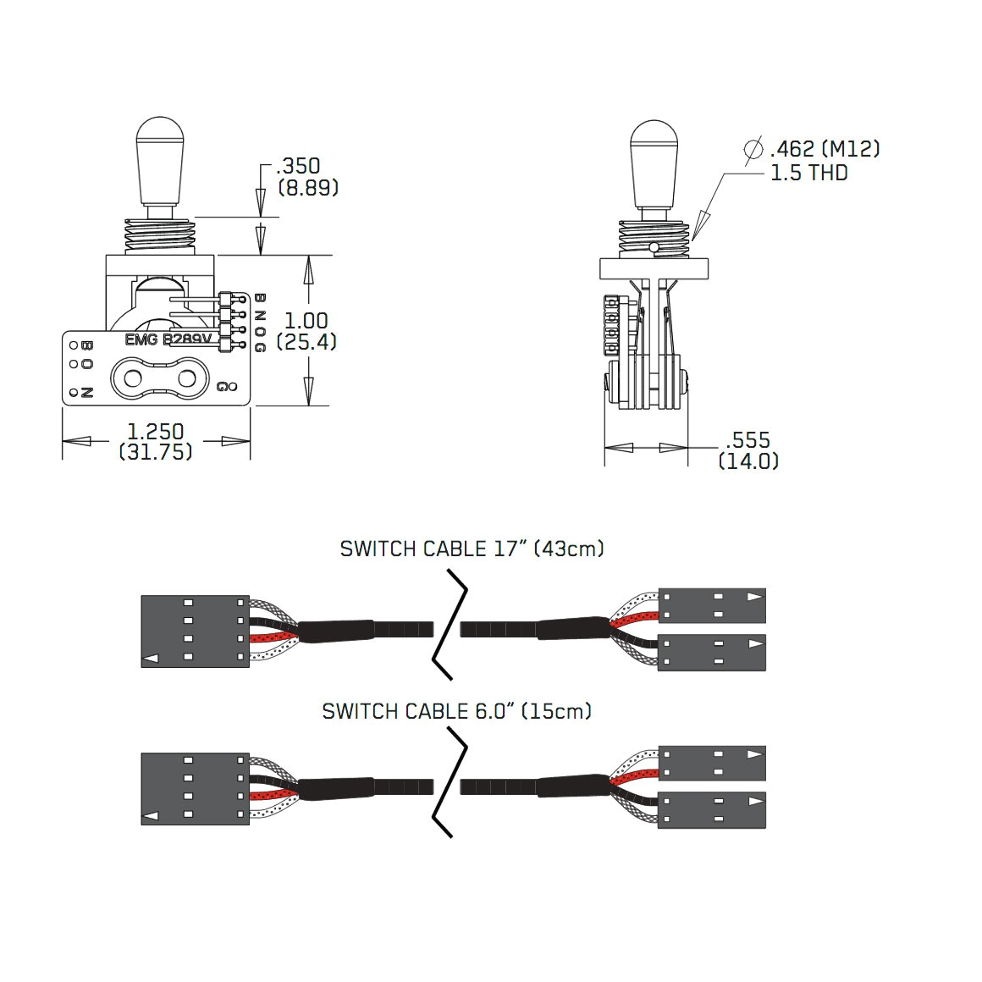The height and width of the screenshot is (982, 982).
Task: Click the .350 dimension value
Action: pyautogui.click(x=302, y=166)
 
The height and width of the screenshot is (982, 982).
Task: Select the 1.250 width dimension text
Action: pyautogui.click(x=156, y=431)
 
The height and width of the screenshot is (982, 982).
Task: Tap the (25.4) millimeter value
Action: pyautogui.click(x=306, y=342)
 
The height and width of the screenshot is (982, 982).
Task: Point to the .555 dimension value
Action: pyautogui.click(x=748, y=440)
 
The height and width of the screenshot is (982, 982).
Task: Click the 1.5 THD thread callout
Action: pyautogui.click(x=808, y=174)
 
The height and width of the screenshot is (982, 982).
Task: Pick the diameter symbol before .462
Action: pyautogui.click(x=753, y=149)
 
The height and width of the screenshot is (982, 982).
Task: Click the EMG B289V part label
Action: pyautogui.click(x=168, y=339)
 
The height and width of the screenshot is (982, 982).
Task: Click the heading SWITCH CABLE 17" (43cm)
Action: pyautogui.click(x=472, y=549)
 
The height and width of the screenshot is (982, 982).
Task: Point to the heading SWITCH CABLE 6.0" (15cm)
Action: pyautogui.click(x=456, y=711)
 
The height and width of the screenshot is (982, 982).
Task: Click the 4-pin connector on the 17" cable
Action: pyautogui.click(x=195, y=631)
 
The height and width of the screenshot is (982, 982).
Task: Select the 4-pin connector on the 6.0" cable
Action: pyautogui.click(x=195, y=789)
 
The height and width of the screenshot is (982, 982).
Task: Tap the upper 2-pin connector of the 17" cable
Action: pyautogui.click(x=711, y=606)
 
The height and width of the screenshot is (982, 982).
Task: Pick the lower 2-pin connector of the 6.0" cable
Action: pyautogui.click(x=711, y=810)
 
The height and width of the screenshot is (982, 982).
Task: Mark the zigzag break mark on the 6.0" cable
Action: pyautogui.click(x=449, y=785)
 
